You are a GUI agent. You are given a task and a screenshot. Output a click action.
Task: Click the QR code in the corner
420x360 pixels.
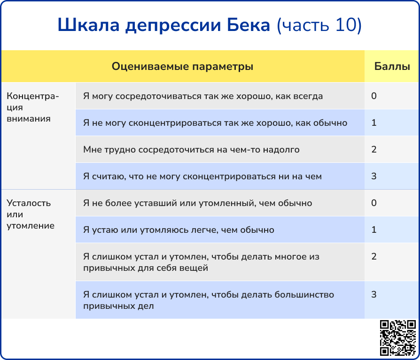click(398, 338)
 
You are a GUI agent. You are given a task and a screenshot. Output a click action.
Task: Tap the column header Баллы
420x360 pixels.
click(392, 66)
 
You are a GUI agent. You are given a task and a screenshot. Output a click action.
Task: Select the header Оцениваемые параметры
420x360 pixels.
click(182, 66)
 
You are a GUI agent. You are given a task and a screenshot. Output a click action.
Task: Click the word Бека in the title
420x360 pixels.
click(249, 25)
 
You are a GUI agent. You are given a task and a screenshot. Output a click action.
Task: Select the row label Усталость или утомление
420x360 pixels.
click(31, 214)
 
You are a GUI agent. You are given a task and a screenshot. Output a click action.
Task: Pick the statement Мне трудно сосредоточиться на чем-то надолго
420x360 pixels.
click(191, 149)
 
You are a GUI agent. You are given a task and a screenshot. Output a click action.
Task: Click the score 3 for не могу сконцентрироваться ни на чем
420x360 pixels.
click(374, 176)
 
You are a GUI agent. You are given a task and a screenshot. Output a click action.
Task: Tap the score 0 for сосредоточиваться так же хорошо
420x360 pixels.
click(374, 96)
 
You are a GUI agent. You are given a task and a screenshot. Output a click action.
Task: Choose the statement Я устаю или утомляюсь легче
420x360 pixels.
click(179, 230)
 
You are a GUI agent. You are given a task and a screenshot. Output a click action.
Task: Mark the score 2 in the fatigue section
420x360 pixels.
click(374, 256)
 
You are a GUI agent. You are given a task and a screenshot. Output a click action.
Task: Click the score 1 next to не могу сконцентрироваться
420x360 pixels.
click(374, 123)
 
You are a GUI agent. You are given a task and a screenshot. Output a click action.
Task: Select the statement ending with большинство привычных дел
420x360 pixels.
click(209, 300)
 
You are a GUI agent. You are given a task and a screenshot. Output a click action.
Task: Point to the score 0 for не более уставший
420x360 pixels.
click(374, 203)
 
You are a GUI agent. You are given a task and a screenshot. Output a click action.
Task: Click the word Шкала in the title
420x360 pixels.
click(89, 25)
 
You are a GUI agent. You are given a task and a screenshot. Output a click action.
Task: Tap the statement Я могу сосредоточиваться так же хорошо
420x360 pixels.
click(203, 96)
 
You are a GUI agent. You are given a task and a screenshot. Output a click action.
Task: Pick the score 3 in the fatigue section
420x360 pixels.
click(374, 294)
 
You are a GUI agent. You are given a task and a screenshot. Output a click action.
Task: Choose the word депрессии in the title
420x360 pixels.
click(173, 26)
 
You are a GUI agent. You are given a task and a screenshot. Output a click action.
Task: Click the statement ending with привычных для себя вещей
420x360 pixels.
click(202, 262)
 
